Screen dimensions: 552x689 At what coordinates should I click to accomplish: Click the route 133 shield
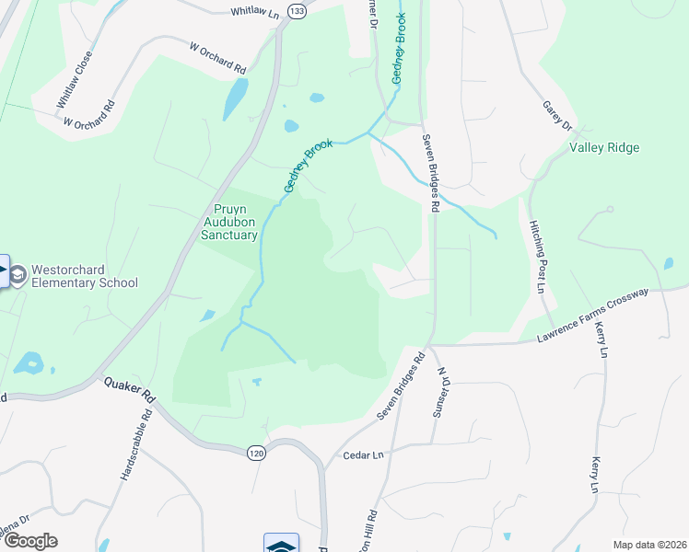(296, 10)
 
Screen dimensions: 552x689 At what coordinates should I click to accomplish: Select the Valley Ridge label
(604, 147)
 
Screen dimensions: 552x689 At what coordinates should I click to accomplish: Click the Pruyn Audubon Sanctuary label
(229, 222)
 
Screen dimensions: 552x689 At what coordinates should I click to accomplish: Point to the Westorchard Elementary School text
(84, 276)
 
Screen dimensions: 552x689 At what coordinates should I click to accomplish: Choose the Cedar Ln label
(361, 455)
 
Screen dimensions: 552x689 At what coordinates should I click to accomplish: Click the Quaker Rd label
(129, 392)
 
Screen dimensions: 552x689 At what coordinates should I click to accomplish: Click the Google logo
(31, 541)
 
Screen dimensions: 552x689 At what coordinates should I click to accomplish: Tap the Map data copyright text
(650, 545)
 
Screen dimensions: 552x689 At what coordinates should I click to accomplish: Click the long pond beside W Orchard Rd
(235, 98)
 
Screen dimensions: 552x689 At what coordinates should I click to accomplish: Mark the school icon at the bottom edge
(281, 544)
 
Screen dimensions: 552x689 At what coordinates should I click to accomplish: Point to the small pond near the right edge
(668, 264)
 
